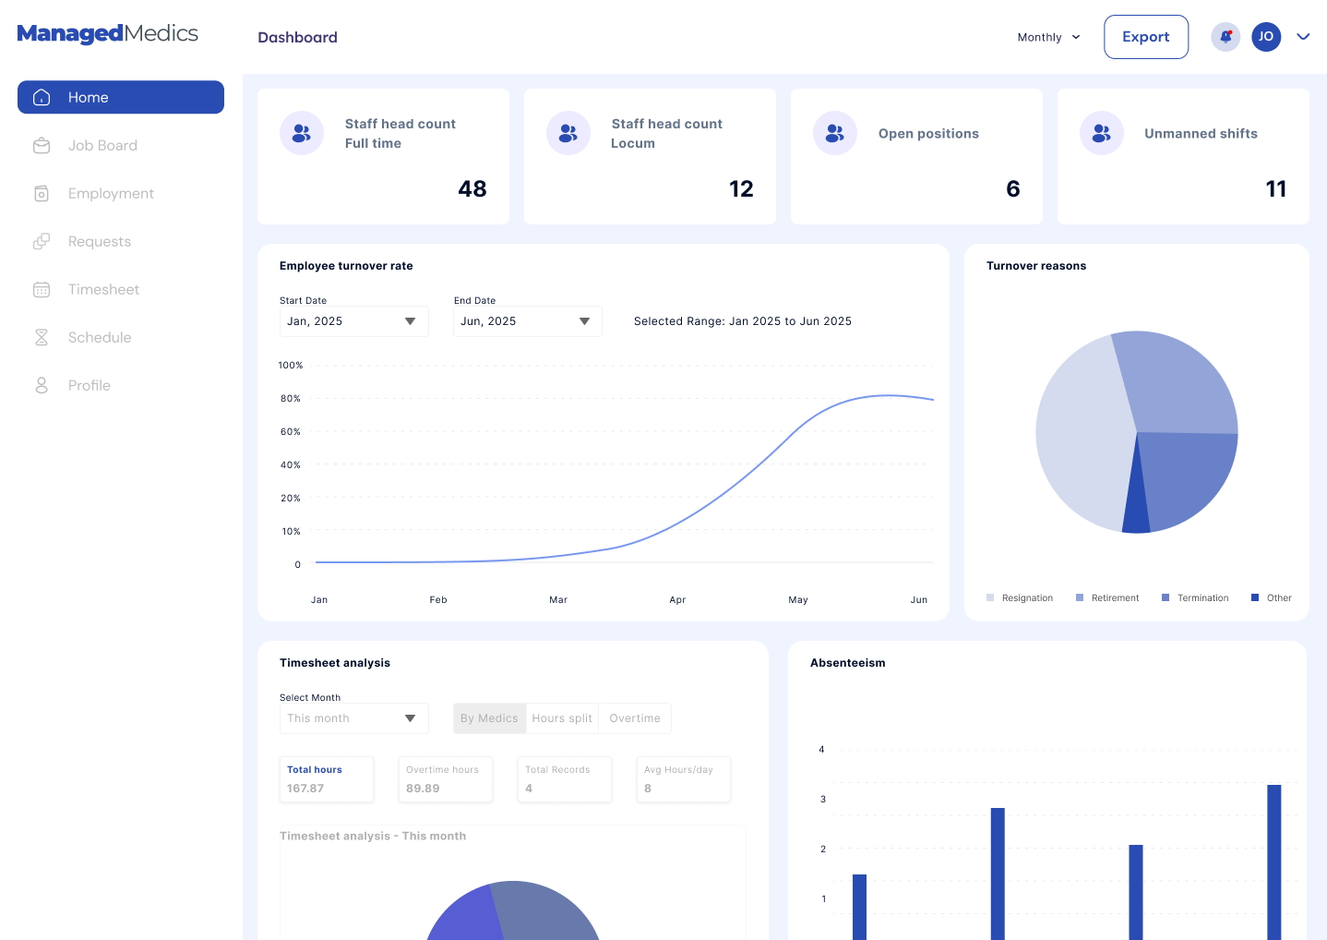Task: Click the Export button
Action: (1145, 37)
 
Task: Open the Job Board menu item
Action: (102, 146)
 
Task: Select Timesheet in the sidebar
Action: (103, 290)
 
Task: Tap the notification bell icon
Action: (1225, 37)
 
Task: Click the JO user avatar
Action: (1265, 37)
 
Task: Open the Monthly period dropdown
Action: (1048, 38)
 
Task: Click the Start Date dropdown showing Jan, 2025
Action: (353, 321)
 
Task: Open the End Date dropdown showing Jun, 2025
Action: (527, 321)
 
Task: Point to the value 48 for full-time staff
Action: (472, 189)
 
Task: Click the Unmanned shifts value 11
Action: (1275, 189)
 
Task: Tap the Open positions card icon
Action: (834, 134)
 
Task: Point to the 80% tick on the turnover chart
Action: (291, 399)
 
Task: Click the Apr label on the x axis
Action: (677, 600)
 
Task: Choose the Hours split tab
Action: (562, 718)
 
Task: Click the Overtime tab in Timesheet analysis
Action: (635, 718)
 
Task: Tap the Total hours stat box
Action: (327, 779)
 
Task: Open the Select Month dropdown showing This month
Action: (353, 718)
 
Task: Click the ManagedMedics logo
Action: (108, 34)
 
